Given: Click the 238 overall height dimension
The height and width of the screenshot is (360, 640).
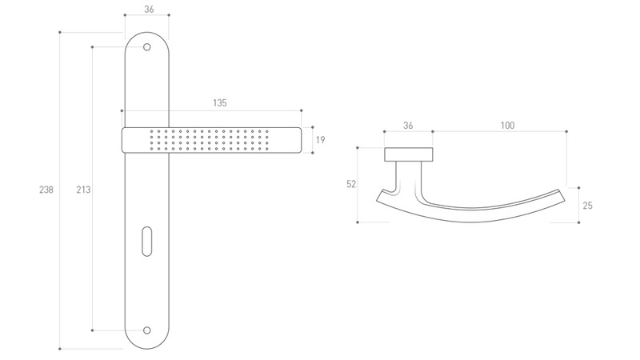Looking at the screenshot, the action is point(46,190).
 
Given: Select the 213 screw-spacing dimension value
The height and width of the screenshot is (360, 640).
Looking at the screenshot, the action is point(83,190).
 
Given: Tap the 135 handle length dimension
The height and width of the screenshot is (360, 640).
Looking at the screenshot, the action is point(219,103).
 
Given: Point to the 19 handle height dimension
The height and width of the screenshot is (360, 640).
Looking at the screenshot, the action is point(321,140).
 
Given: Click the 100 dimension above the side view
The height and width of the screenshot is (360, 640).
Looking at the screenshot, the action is point(507,126).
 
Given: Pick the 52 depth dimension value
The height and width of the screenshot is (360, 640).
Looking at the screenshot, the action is point(351,184).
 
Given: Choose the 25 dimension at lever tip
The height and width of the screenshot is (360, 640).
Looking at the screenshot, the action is point(587,206).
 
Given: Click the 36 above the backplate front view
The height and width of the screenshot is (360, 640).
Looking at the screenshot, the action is point(149,9).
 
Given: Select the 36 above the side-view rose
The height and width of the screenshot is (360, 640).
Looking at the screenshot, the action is point(408,126).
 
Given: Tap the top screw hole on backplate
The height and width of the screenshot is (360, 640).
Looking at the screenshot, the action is point(147,47).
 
